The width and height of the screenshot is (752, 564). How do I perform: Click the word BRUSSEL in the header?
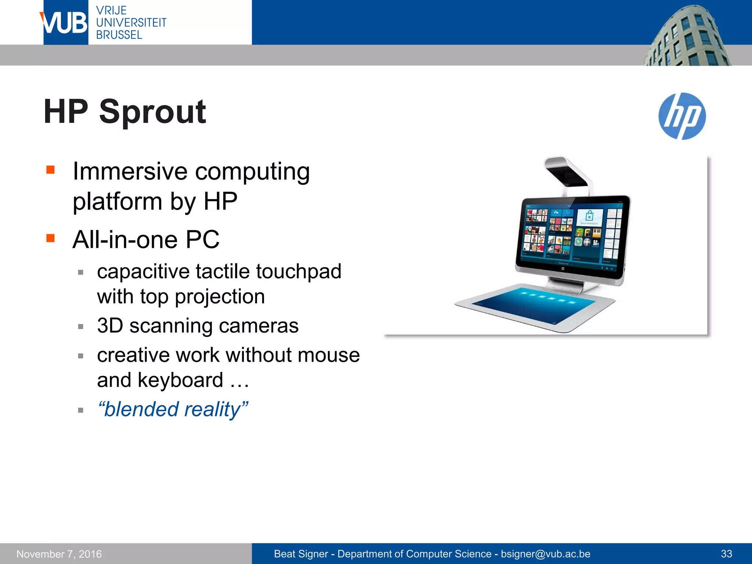[x=119, y=35]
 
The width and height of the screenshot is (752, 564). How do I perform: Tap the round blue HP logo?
[x=682, y=116]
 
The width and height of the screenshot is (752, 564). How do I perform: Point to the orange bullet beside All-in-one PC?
[x=50, y=238]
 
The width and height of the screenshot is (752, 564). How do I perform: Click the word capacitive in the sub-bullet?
[x=143, y=272]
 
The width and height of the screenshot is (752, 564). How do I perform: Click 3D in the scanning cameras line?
[x=110, y=326]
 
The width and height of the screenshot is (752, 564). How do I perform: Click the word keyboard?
[x=180, y=380]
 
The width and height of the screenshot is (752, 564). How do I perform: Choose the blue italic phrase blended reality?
[x=173, y=409]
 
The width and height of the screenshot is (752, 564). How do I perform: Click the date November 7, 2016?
[x=59, y=554]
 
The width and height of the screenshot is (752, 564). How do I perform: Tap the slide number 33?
[x=726, y=554]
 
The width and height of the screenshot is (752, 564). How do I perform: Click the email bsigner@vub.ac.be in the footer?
[x=545, y=554]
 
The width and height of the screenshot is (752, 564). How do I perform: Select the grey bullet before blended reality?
[x=81, y=410]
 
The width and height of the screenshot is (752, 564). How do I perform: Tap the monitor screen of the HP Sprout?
[x=571, y=233]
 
